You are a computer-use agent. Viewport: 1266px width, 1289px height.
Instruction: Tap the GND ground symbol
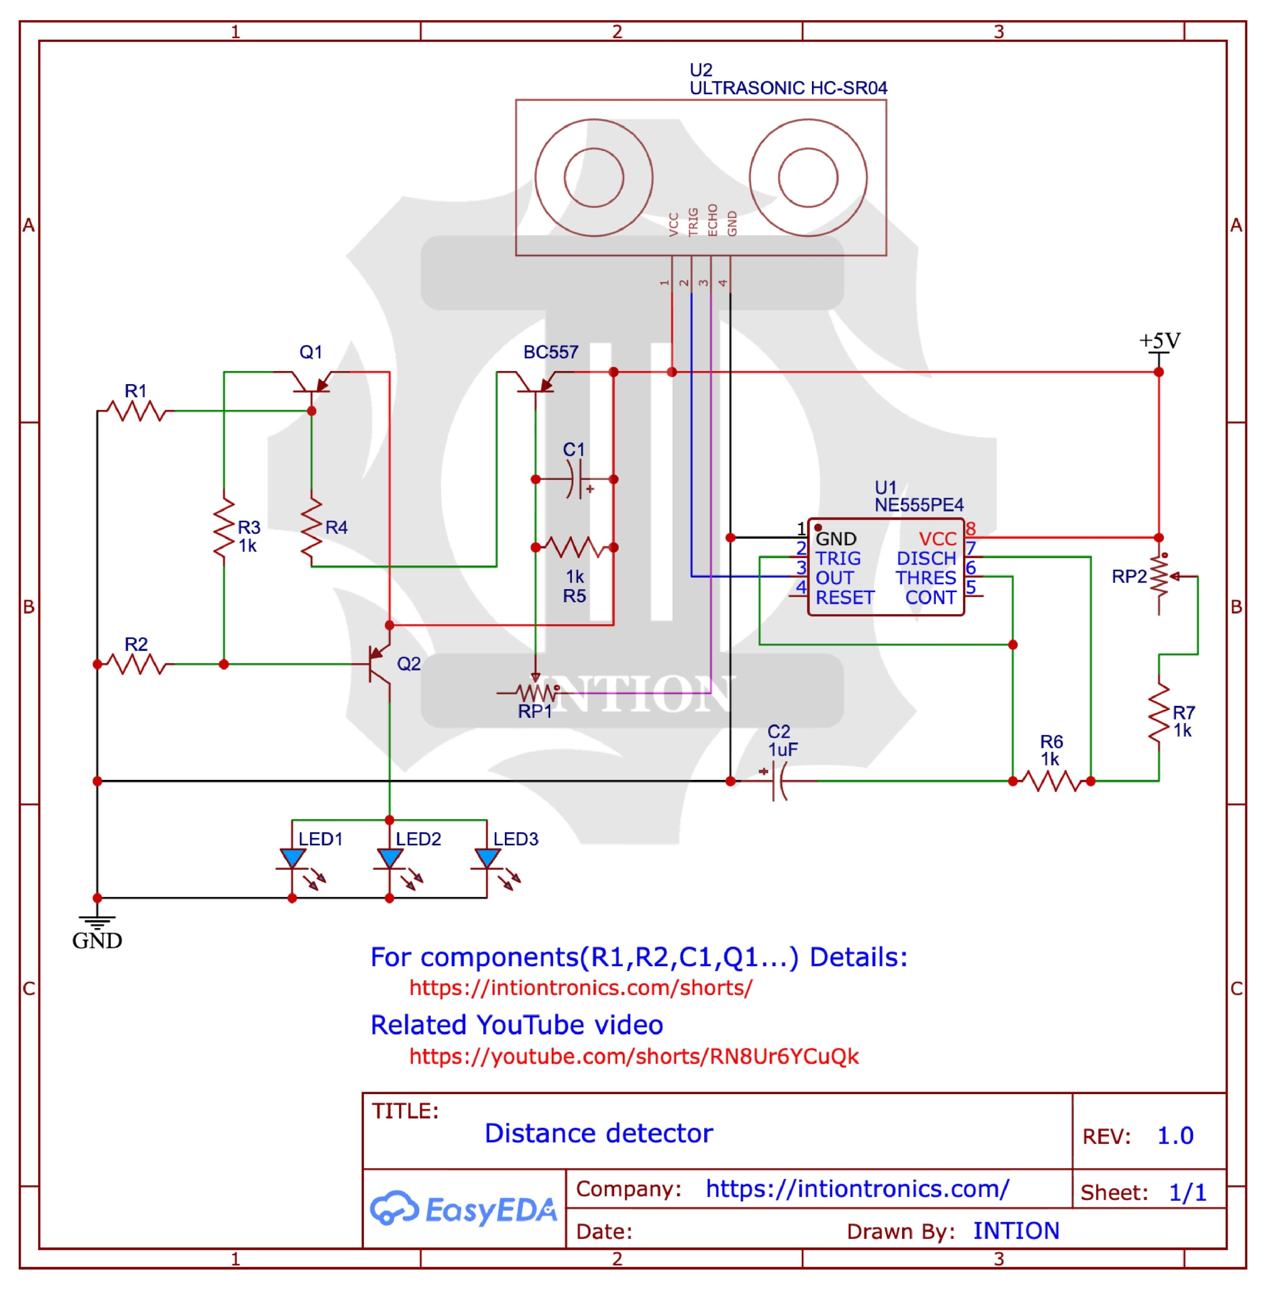(97, 921)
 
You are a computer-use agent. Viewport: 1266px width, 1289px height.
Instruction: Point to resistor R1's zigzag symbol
(137, 411)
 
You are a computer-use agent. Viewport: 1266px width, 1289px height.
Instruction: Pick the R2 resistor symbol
(137, 664)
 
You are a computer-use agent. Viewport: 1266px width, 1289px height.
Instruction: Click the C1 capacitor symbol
(575, 479)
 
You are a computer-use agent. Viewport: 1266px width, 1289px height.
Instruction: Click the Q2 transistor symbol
(379, 664)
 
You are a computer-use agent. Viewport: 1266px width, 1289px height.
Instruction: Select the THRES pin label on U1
(926, 578)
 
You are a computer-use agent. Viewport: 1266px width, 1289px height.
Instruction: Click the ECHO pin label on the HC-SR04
(713, 220)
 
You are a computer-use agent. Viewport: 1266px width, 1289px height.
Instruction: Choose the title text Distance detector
(599, 1133)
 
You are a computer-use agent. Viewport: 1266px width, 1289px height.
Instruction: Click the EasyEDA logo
(463, 1209)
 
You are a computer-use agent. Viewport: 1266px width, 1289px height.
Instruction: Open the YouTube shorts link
(634, 1056)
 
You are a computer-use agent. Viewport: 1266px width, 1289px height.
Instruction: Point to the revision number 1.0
(1175, 1135)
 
